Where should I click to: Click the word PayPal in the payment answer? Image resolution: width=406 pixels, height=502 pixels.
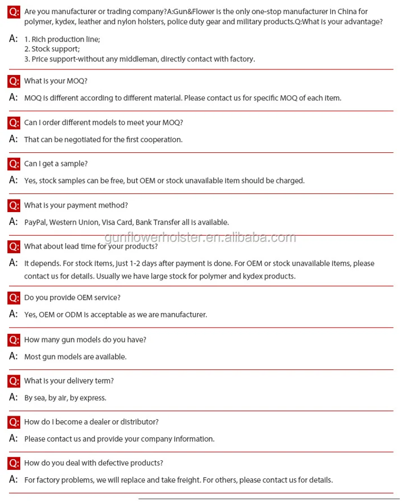(x=35, y=222)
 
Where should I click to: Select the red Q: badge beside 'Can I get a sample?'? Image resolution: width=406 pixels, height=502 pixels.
(x=14, y=164)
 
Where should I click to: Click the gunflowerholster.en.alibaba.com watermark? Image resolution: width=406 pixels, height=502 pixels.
(x=201, y=237)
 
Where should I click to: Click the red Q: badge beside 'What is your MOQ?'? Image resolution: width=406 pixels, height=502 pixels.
(x=14, y=81)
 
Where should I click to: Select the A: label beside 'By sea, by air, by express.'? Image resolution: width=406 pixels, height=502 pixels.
(x=14, y=397)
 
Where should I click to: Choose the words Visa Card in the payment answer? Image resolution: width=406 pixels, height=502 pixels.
(x=120, y=222)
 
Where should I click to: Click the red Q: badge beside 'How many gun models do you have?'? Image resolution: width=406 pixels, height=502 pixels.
(x=14, y=340)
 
